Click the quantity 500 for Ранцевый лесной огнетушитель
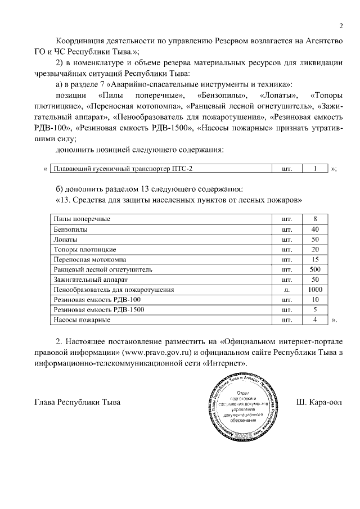[316, 269]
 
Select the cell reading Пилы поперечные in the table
[82, 219]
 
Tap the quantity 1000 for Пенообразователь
[316, 290]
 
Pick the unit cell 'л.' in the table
[287, 290]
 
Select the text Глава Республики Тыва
[78, 403]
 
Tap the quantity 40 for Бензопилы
[316, 229]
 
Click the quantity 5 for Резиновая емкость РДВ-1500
[316, 310]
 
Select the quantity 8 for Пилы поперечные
[316, 219]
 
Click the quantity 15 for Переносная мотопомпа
[316, 259]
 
